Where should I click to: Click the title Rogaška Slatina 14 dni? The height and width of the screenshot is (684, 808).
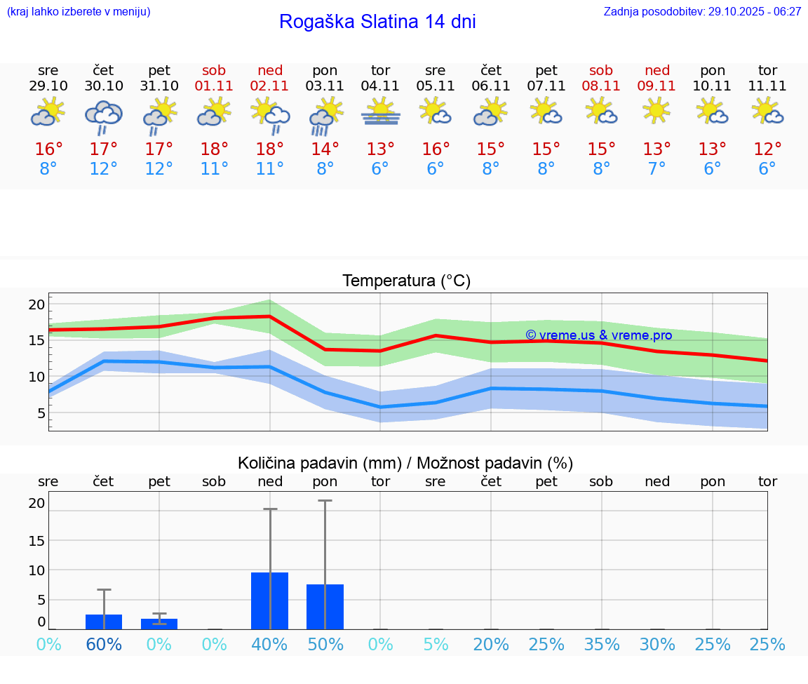pyautogui.click(x=377, y=22)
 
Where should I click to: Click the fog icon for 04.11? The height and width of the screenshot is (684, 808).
pyautogui.click(x=380, y=112)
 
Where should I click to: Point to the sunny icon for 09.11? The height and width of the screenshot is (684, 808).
pyautogui.click(x=656, y=111)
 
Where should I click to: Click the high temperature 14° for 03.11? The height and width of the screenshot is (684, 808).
pyautogui.click(x=325, y=149)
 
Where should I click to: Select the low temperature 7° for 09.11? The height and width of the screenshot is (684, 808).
pyautogui.click(x=656, y=169)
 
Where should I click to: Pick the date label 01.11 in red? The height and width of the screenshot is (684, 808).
pyautogui.click(x=214, y=86)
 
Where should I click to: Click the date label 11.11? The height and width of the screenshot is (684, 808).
pyautogui.click(x=767, y=86)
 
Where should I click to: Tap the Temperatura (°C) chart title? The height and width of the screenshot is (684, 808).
pyautogui.click(x=406, y=281)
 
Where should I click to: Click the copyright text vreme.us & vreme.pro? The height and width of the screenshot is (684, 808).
pyautogui.click(x=598, y=335)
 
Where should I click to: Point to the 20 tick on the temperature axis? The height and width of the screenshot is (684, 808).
pyautogui.click(x=36, y=304)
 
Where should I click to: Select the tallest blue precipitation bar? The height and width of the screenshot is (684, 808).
pyautogui.click(x=269, y=601)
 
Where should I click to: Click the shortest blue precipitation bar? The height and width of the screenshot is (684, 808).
pyautogui.click(x=159, y=624)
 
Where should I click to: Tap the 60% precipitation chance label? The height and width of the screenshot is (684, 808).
pyautogui.click(x=104, y=645)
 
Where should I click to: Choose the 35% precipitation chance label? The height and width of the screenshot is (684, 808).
pyautogui.click(x=601, y=645)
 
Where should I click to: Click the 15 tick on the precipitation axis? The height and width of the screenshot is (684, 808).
pyautogui.click(x=36, y=540)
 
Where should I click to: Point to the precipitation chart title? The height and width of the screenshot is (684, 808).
pyautogui.click(x=405, y=463)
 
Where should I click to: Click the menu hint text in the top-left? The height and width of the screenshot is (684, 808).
pyautogui.click(x=79, y=12)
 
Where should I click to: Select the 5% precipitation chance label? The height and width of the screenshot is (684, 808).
pyautogui.click(x=436, y=645)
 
